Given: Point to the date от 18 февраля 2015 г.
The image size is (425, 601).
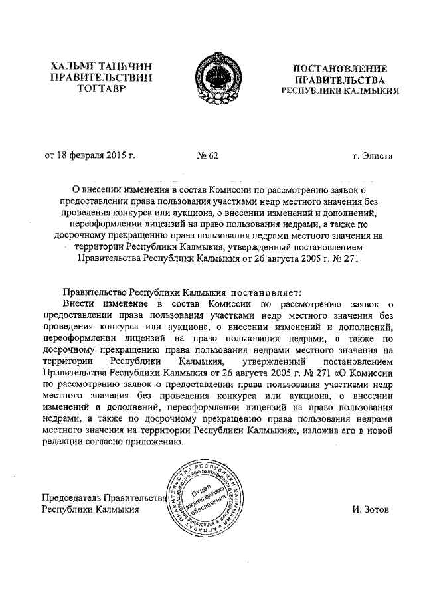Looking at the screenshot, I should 90,157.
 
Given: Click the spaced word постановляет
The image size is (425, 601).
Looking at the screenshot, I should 266,292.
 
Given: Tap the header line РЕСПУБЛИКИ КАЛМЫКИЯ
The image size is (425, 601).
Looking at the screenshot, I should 340,91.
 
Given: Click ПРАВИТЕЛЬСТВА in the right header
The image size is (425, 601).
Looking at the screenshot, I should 340,80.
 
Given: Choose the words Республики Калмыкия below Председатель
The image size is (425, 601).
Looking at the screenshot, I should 90,510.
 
